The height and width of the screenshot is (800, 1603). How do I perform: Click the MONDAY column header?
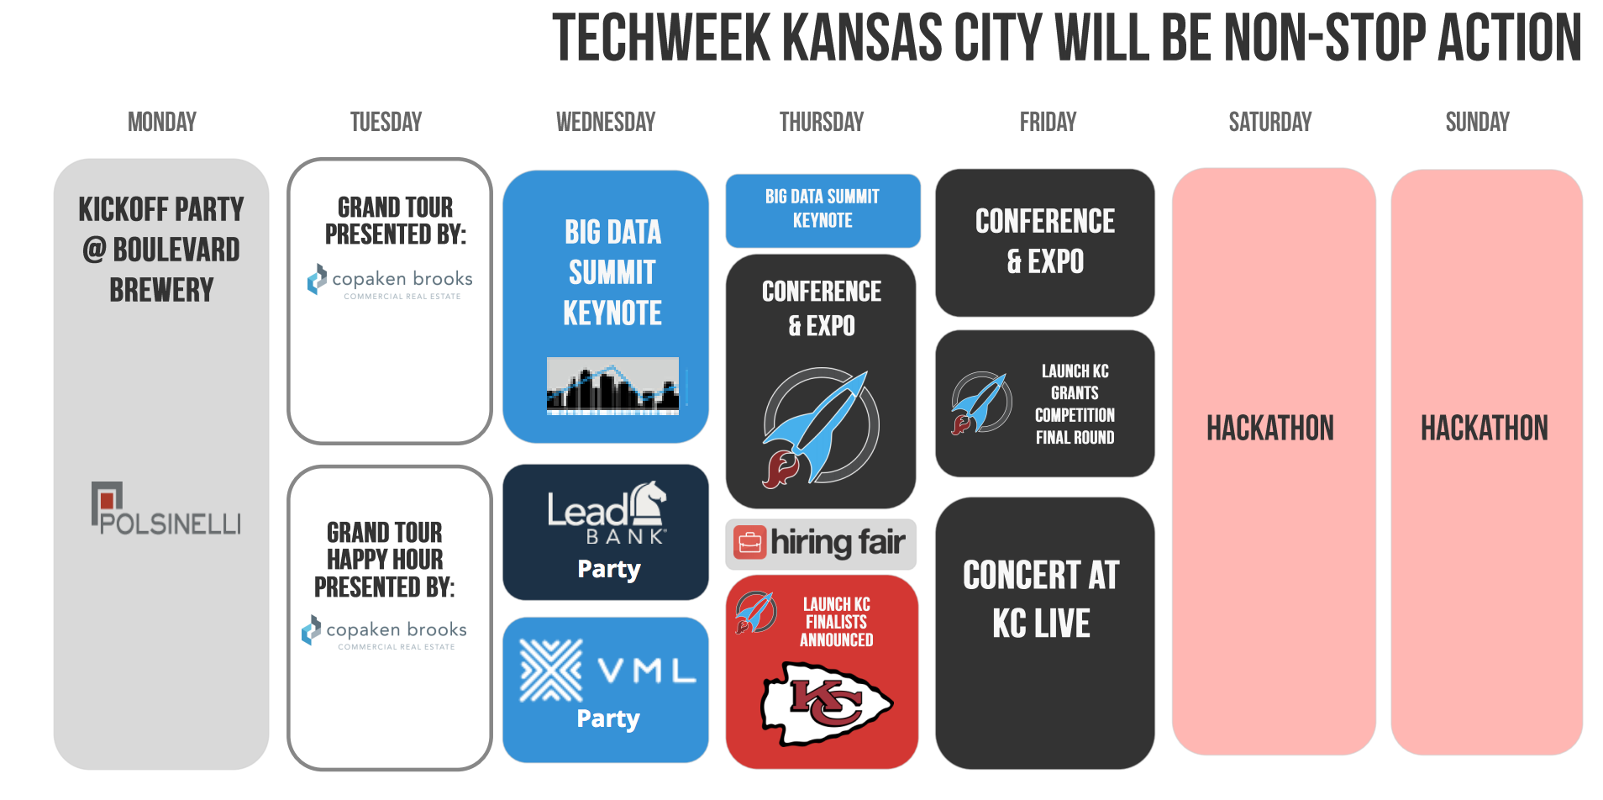[x=162, y=123]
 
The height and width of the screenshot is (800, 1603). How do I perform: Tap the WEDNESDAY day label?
[x=606, y=123]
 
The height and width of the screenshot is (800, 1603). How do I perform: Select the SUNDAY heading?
[x=1478, y=123]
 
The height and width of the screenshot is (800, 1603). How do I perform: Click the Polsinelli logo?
[x=166, y=508]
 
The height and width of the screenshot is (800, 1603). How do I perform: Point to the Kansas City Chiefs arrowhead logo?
[x=827, y=703]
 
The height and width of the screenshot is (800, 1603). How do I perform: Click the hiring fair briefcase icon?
[x=749, y=543]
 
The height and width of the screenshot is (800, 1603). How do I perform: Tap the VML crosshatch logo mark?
[x=551, y=671]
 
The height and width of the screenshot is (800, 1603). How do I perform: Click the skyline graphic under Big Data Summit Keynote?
[x=613, y=386]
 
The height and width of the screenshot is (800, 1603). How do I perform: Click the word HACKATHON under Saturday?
[x=1270, y=429]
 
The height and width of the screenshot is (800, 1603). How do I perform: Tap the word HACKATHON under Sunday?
[x=1485, y=429]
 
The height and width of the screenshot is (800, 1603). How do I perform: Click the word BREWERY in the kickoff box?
[x=161, y=291]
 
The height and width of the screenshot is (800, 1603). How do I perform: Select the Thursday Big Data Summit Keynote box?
[x=823, y=210]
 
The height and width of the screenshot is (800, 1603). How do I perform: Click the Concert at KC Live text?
[x=1042, y=599]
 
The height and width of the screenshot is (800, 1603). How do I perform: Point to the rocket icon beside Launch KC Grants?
[x=980, y=403]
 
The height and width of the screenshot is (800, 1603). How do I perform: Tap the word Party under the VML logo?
[x=608, y=719]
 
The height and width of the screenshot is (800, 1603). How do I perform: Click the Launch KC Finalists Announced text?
[x=837, y=623]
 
